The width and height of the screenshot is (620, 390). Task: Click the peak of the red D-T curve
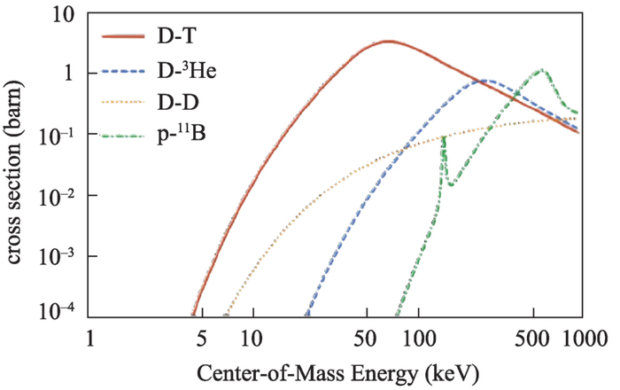coord(388,42)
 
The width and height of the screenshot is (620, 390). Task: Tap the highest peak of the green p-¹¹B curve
coord(539,70)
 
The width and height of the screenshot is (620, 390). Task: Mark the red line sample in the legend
coord(123,37)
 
